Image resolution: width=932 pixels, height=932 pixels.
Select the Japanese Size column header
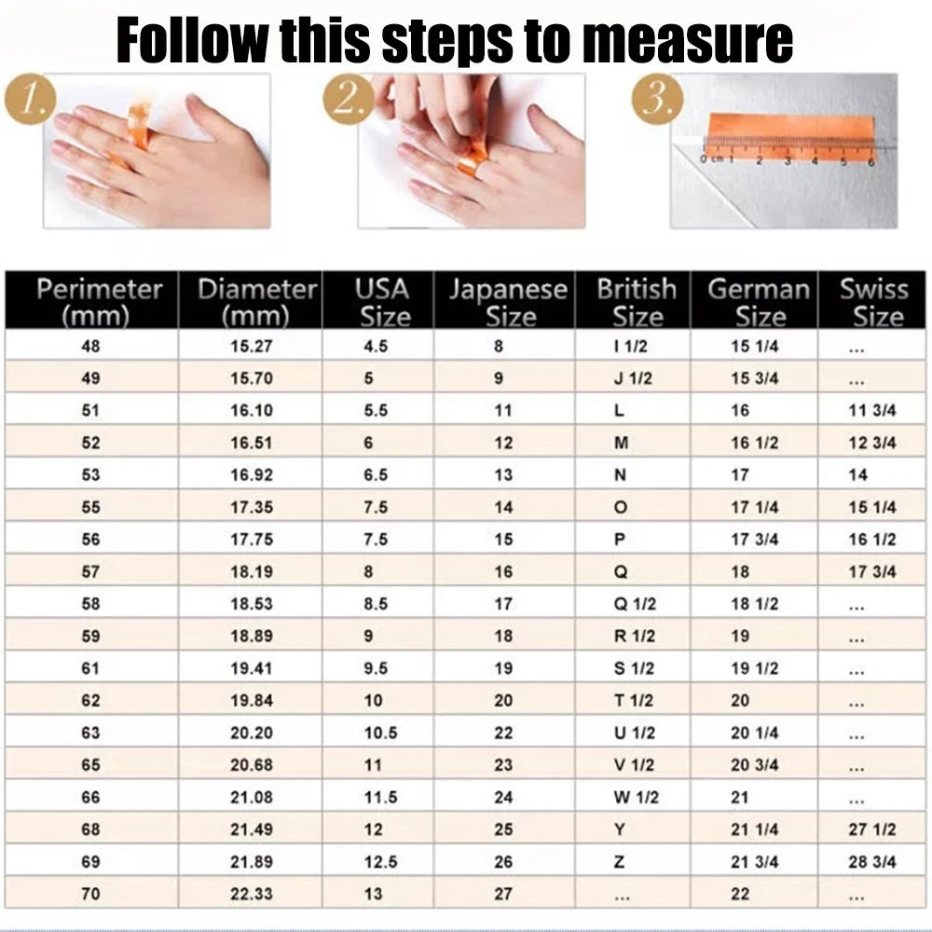click(x=506, y=302)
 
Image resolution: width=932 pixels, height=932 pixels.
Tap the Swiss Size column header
click(x=873, y=302)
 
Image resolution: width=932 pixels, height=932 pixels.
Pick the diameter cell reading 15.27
click(x=252, y=347)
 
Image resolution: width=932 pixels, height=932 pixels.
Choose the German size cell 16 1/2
click(x=754, y=443)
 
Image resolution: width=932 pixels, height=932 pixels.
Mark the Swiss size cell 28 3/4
click(x=871, y=862)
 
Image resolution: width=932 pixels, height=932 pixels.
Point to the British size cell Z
click(x=620, y=862)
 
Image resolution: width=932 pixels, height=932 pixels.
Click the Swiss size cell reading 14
click(x=858, y=475)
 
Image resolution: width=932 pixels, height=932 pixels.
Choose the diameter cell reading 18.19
click(x=252, y=572)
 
